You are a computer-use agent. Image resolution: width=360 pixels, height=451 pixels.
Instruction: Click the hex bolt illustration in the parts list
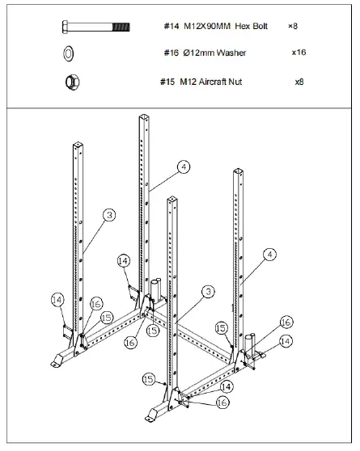click(95, 27)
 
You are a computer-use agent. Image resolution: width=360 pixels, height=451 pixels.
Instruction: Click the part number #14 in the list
click(170, 27)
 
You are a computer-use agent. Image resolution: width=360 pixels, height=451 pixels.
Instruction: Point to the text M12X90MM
click(208, 27)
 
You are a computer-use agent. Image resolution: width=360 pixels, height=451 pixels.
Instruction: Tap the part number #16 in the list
click(170, 53)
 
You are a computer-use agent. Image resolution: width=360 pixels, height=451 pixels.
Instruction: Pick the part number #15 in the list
click(169, 82)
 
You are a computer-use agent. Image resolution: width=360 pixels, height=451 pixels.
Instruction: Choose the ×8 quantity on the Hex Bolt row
click(293, 27)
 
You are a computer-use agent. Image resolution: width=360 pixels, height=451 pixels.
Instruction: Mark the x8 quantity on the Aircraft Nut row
click(299, 82)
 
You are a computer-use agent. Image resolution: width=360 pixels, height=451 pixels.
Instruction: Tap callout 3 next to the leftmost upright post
click(109, 215)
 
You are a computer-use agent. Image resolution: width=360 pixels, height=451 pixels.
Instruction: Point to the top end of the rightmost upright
click(239, 172)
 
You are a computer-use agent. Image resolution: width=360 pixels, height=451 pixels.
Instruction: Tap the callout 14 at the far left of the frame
click(57, 300)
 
